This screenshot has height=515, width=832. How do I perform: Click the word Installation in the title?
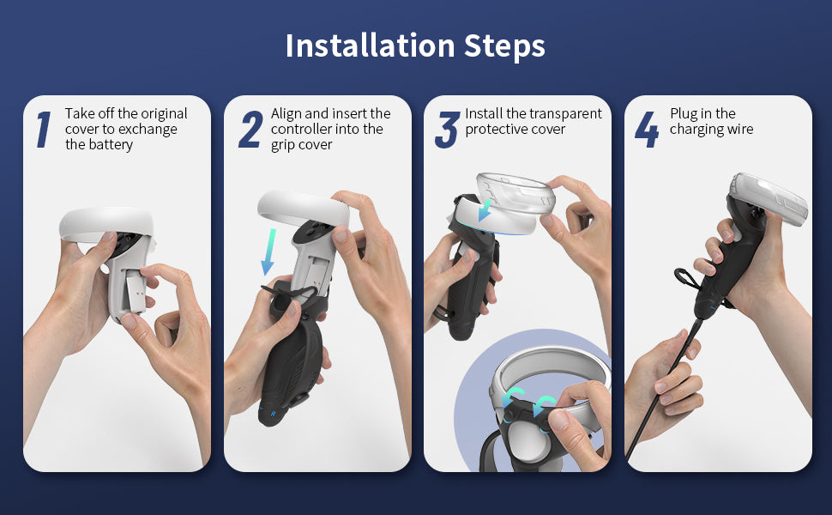pos(371,45)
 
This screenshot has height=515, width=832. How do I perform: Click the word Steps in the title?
pos(504,46)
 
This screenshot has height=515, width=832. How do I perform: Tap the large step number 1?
pos(44,129)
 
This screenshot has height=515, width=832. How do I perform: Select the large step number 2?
pos(250,129)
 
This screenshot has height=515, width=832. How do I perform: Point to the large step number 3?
pos(447,130)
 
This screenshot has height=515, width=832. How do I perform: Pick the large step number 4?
pos(647,129)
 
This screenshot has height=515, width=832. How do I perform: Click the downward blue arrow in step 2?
pos(268,252)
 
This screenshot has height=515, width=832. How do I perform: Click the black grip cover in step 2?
pos(291,355)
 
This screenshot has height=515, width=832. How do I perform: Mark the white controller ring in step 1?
pos(106,224)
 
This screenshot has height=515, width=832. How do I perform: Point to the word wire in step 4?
pos(739,130)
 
